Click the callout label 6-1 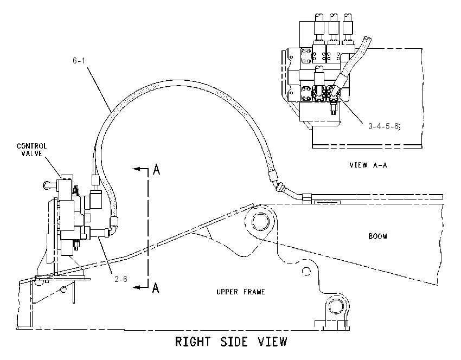(79, 61)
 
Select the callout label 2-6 (121, 279)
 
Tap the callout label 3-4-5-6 (385, 126)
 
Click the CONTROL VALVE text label (32, 150)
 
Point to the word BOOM (377, 236)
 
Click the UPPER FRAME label (241, 292)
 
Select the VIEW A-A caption (368, 165)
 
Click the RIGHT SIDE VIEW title (231, 342)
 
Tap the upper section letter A (156, 169)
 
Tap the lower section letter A (156, 287)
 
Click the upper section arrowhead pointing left (136, 169)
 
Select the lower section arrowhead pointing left (136, 287)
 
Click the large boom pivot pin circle (260, 222)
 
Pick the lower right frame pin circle (336, 306)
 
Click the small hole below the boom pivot (306, 271)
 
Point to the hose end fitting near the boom (273, 176)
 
